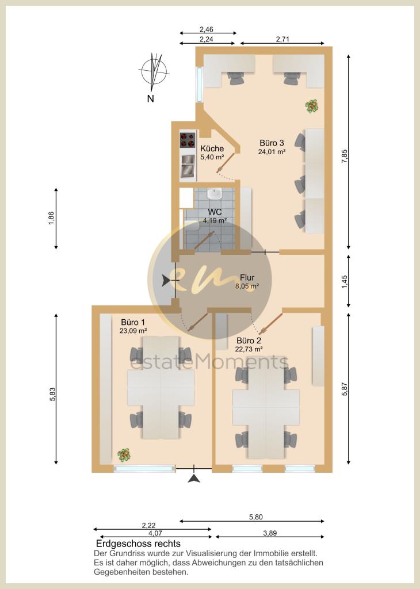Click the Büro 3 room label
[x=272, y=143]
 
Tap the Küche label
[x=212, y=149]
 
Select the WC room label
[x=215, y=213]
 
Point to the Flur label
[x=247, y=278]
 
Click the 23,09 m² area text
[x=133, y=331]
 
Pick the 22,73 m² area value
[x=249, y=349]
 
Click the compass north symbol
[x=154, y=72]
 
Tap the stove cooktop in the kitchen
[x=188, y=140]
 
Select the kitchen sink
[x=188, y=166]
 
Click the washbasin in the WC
[x=214, y=194]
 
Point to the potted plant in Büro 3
[x=311, y=106]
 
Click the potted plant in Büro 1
[x=124, y=455]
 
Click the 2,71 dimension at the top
[x=282, y=39]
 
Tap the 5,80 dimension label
[x=256, y=517]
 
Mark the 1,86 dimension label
[x=51, y=218]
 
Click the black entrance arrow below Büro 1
[x=194, y=478]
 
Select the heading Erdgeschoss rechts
[x=138, y=544]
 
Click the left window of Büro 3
[x=200, y=84]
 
